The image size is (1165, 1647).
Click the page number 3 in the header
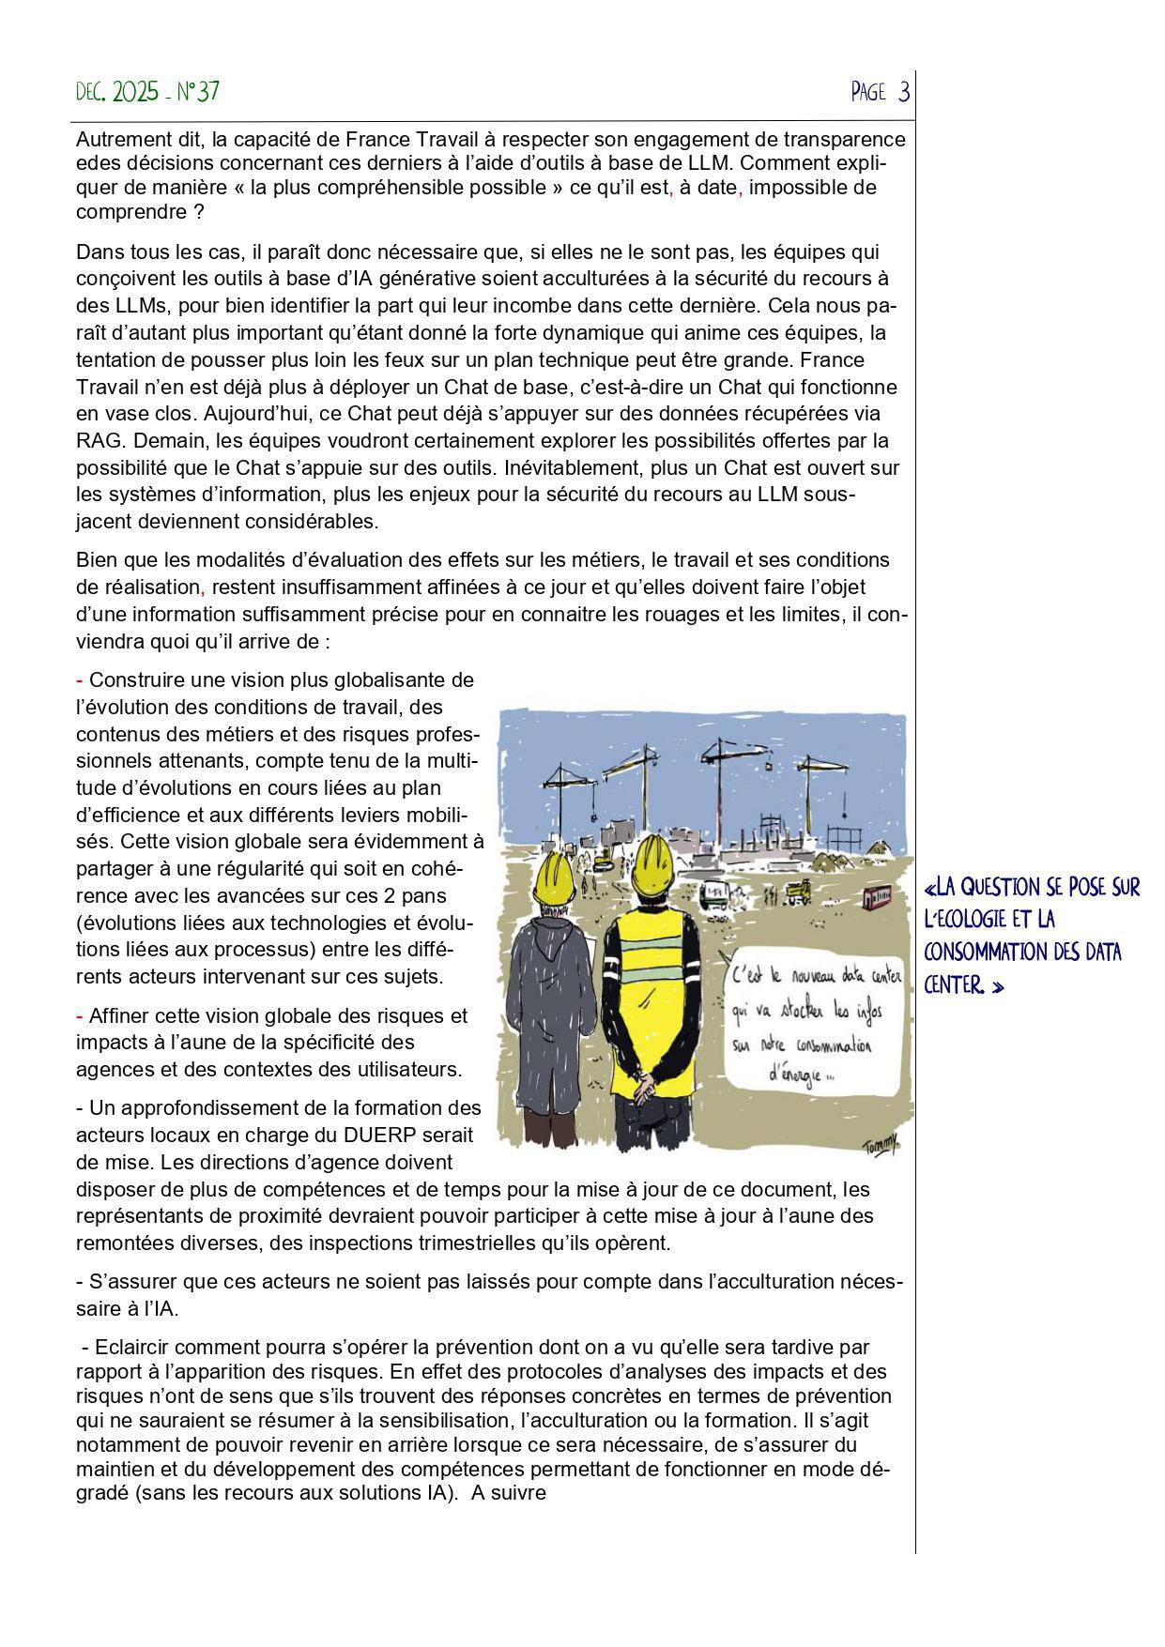(903, 92)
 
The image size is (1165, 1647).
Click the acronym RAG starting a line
(95, 440)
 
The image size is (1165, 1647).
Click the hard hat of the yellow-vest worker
(662, 864)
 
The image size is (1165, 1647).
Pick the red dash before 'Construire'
(80, 679)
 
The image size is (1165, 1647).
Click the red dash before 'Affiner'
(80, 1015)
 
